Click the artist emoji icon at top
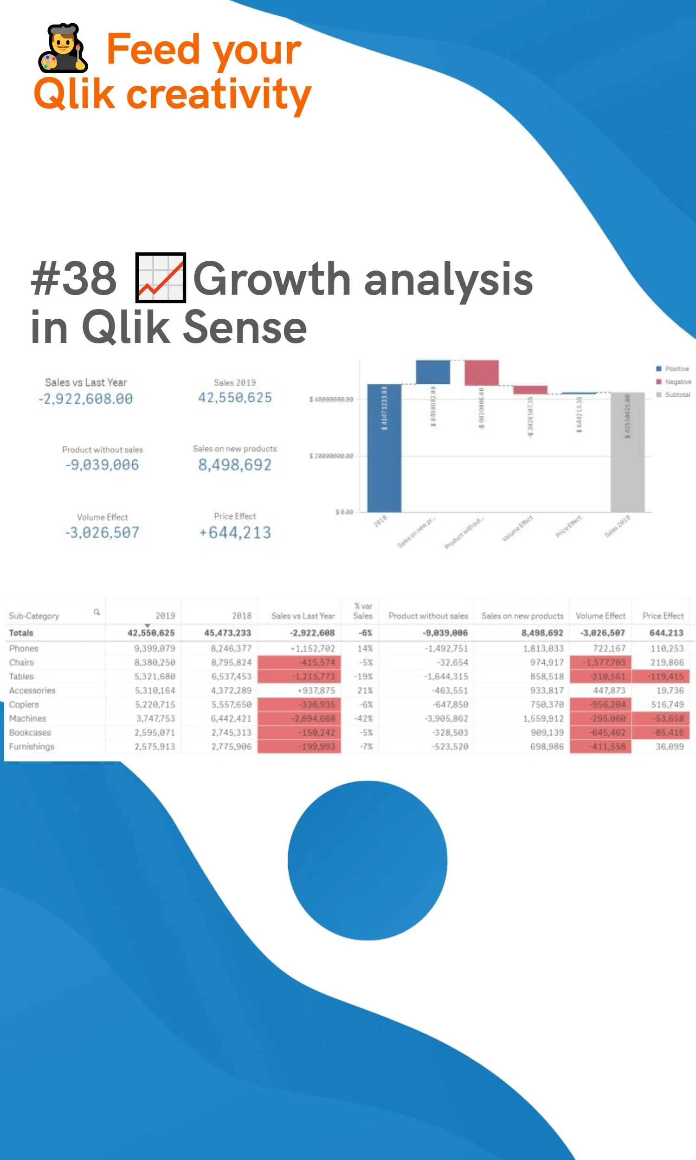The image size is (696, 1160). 63,48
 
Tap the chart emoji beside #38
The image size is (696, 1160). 161,277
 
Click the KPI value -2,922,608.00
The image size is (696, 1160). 85,399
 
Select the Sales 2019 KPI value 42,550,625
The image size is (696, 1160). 234,398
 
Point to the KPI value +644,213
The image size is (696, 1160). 234,533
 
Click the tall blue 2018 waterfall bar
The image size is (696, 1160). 384,448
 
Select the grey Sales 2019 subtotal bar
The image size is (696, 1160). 627,452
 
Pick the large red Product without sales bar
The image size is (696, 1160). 481,373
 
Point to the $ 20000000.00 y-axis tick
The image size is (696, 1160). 331,456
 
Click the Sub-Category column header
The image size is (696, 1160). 34,616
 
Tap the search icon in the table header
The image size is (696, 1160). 97,612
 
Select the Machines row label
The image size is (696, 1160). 28,718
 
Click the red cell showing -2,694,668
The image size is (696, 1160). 314,718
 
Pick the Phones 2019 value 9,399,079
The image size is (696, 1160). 155,649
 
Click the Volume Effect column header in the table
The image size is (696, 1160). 600,616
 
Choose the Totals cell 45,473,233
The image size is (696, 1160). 227,633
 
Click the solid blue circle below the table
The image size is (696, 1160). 367,860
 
